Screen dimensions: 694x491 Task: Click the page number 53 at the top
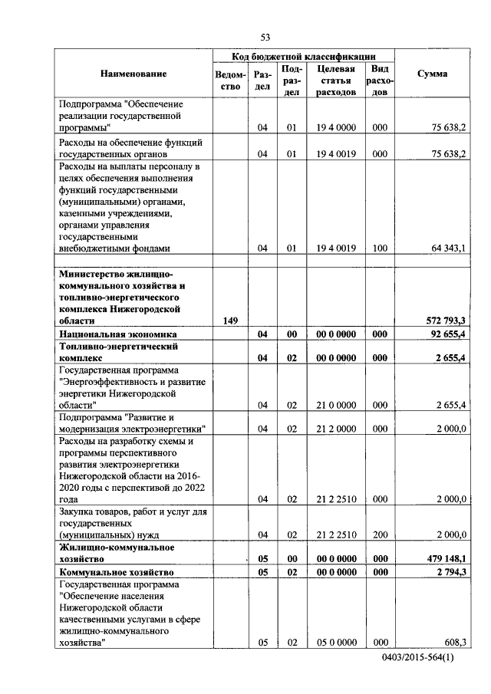(265, 37)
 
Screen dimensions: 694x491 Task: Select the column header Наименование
(132, 74)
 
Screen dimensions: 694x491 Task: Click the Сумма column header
(432, 74)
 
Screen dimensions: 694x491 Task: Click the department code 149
(230, 321)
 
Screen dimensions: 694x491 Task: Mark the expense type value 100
(379, 248)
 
